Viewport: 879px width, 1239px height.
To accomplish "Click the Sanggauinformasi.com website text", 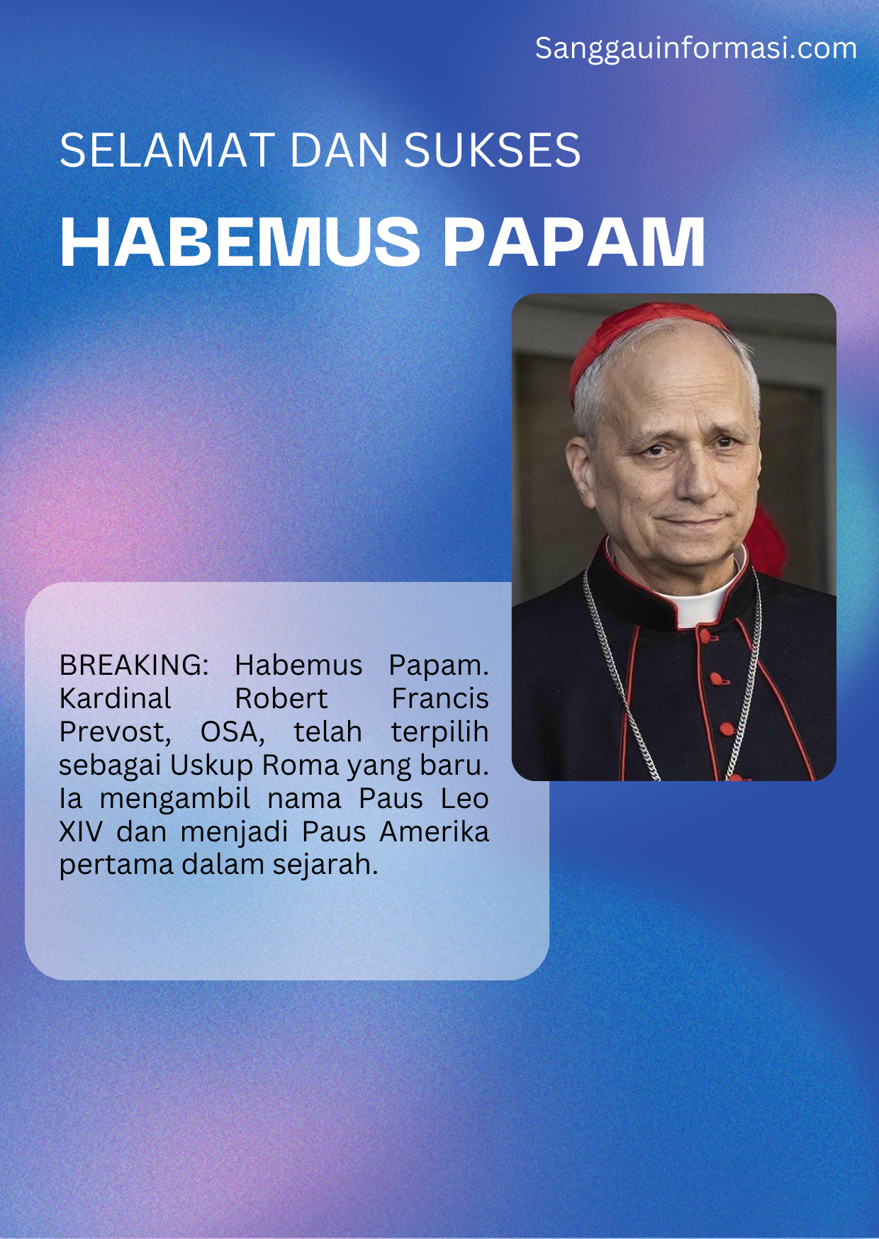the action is tap(696, 48).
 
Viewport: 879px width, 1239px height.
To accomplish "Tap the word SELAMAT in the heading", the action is tap(167, 150).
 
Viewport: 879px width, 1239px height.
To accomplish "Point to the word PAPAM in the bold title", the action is tap(574, 242).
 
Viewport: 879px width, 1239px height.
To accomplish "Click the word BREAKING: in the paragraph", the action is tap(134, 665).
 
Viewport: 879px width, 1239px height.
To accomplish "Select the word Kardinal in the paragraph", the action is tap(116, 698).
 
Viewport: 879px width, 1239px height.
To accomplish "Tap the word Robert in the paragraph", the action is tap(281, 698).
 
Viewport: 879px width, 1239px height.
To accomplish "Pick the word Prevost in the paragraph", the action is tap(112, 731).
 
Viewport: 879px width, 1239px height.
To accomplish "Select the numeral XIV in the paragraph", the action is tap(81, 831).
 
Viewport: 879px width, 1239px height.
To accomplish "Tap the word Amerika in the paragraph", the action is tap(435, 831).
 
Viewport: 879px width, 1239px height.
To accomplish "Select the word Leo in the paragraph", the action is tap(464, 798).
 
